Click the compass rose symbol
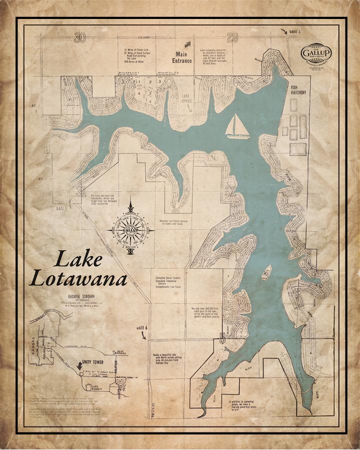pos(130,227)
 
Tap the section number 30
pos(77,38)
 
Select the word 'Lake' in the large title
pos(78,259)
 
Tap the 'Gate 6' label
pos(142,327)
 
